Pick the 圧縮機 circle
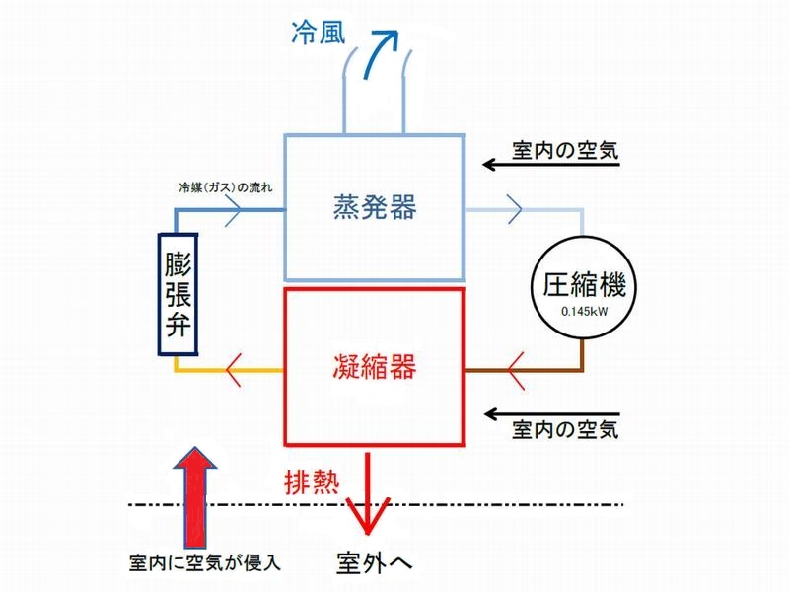point(585,287)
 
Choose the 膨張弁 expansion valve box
point(180,293)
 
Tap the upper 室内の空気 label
point(565,149)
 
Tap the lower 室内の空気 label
point(565,430)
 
